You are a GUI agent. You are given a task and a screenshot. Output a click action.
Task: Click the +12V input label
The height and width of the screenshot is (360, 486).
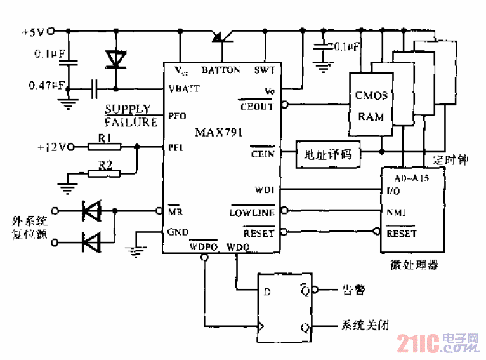(x=51, y=147)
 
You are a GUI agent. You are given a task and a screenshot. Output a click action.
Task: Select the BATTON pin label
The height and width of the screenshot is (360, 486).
(x=221, y=70)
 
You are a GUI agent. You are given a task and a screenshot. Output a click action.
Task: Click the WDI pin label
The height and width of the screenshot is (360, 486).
(x=265, y=189)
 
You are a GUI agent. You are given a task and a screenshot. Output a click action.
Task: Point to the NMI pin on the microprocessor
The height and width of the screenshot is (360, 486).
(x=395, y=212)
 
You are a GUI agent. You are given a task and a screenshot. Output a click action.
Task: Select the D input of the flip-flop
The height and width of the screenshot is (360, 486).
(x=266, y=293)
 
